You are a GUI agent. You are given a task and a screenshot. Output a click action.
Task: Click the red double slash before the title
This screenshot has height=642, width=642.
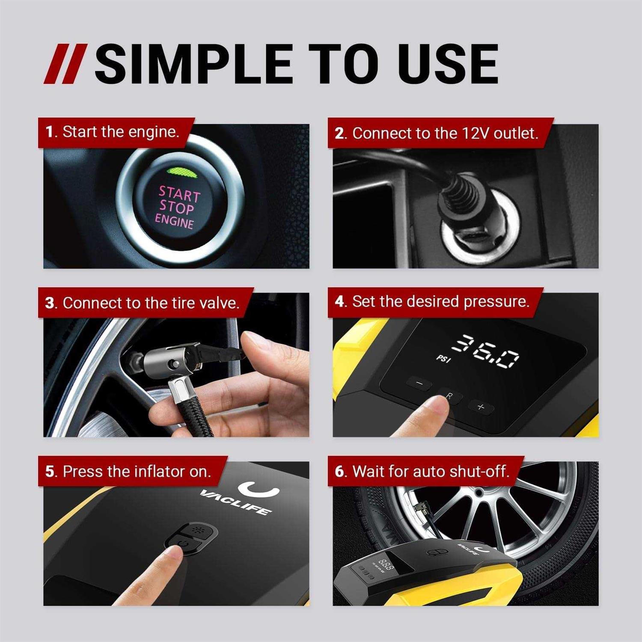(x=65, y=64)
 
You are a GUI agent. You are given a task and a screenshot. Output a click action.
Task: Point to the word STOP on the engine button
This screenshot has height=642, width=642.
(x=176, y=208)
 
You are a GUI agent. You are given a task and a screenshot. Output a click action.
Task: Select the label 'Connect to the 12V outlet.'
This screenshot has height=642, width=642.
(x=437, y=134)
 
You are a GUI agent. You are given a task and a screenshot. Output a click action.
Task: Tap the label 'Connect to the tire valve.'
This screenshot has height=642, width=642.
(x=143, y=303)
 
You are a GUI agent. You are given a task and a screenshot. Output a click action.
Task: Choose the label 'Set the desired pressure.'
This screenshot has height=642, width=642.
(x=433, y=302)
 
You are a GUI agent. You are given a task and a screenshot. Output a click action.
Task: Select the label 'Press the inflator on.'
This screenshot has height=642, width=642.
(x=128, y=472)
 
